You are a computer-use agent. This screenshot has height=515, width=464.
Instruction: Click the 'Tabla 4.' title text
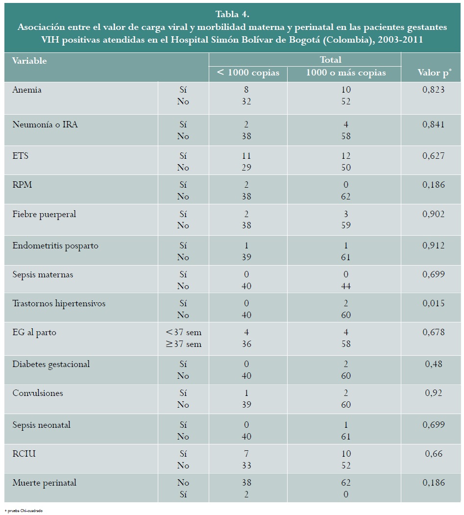pos(232,14)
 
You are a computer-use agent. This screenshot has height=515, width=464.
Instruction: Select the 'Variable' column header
pos(29,61)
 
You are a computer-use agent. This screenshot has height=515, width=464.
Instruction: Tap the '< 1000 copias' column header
pos(248,73)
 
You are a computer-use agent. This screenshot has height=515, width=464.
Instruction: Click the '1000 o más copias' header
pos(346,73)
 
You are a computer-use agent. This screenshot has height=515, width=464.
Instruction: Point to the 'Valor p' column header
pos(435,73)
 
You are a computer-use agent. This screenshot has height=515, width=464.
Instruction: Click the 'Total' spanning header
pos(331,60)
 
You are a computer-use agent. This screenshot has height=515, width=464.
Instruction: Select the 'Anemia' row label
pos(27,90)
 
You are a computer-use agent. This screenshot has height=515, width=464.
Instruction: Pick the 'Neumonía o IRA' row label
pos(45,124)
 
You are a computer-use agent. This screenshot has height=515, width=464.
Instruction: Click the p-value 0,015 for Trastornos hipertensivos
pos(434,303)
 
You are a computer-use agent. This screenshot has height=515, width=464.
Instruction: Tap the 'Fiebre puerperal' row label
pos(44,214)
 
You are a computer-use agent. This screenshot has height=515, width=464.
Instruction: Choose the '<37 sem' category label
pos(184,332)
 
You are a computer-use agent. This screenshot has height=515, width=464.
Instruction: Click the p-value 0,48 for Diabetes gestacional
pos(434,364)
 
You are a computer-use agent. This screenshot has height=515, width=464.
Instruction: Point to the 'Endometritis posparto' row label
pos(55,245)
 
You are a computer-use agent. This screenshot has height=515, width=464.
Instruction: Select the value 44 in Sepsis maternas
pos(346,286)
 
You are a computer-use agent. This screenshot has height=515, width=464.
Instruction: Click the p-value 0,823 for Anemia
pos(434,90)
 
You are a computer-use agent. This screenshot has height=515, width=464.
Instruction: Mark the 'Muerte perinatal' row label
pos(44,483)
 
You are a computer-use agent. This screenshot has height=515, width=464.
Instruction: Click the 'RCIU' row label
pos(24,454)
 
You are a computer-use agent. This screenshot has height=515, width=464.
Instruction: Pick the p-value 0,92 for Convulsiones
pos(434,393)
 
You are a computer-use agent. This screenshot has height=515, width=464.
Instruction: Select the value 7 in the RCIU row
pos(246,454)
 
